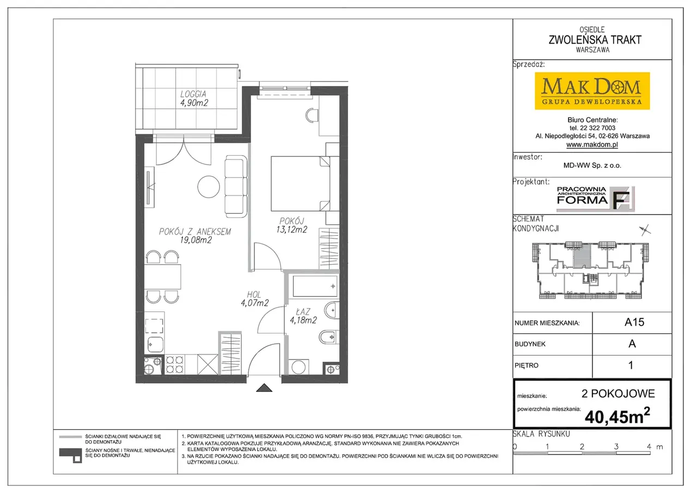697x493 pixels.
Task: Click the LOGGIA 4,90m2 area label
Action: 194,99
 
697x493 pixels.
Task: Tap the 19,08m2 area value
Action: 195,240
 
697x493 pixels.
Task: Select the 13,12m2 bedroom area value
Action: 291,230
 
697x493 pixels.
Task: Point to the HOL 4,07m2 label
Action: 254,299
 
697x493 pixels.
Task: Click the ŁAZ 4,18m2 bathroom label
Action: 303,316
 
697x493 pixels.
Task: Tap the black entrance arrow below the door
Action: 264,388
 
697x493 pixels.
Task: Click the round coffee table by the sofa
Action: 209,187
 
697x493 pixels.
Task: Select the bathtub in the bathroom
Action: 315,286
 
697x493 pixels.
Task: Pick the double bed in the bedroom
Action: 300,184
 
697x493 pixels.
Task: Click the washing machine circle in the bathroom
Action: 298,367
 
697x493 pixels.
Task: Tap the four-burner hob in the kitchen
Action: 174,365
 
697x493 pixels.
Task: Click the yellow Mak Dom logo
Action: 592,91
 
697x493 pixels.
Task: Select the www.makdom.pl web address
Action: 592,144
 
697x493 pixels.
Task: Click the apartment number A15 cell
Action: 632,322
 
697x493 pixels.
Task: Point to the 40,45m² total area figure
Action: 617,416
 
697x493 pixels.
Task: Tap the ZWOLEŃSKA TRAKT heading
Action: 595,40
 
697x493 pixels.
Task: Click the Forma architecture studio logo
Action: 595,199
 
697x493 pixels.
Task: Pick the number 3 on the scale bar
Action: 616,447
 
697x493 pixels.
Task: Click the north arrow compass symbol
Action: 645,230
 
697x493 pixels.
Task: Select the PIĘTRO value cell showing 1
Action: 632,365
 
